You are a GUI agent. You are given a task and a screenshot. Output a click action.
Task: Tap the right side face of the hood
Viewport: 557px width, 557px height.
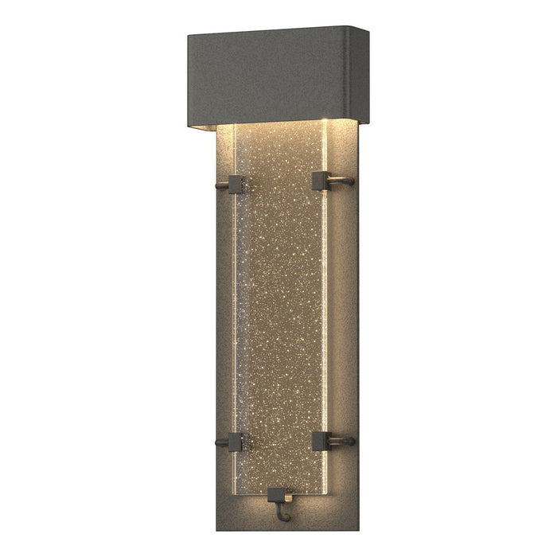coord(364,76)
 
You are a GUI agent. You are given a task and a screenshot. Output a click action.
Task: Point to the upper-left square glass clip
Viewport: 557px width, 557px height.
coord(236,185)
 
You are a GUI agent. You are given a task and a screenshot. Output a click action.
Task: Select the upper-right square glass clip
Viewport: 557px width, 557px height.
coord(320,181)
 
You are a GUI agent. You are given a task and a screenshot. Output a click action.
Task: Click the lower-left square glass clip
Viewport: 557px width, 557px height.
coord(236,442)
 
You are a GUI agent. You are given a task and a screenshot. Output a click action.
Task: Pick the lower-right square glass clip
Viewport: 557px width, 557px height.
coord(320,441)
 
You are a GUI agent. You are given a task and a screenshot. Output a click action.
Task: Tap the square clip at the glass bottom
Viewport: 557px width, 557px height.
coord(276,496)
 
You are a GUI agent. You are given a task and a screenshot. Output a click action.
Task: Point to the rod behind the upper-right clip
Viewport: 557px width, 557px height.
coord(342,181)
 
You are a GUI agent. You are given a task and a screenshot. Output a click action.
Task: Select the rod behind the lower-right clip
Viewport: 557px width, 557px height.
coord(343,440)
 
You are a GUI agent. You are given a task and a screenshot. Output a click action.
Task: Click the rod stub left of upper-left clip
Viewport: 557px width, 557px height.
coord(222,186)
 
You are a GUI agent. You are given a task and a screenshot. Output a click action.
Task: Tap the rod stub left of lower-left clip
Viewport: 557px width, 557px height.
coord(222,442)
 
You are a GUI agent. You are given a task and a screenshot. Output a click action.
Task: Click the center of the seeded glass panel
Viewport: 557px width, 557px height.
coord(278,310)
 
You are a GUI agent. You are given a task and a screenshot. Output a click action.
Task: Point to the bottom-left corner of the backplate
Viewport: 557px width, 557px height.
coord(217,528)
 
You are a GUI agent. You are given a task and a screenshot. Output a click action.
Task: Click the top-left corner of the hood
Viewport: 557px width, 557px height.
coord(189,37)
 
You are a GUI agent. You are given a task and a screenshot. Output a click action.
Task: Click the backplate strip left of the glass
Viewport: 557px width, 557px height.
coord(224,318)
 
